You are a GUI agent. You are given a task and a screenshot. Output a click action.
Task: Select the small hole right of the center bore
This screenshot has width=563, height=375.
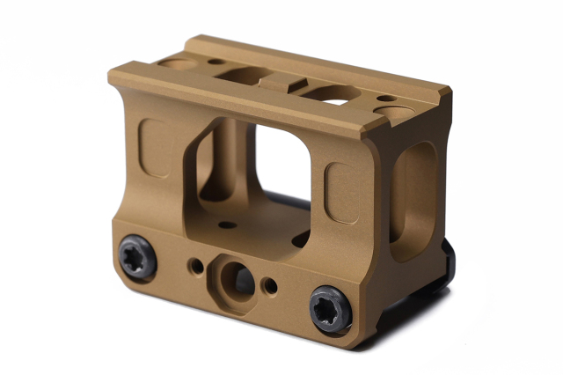[x=270, y=286]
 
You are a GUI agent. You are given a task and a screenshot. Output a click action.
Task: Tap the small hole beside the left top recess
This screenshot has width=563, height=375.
[x=214, y=62]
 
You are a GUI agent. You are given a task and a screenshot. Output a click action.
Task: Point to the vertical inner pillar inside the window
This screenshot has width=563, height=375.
[x=223, y=163]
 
